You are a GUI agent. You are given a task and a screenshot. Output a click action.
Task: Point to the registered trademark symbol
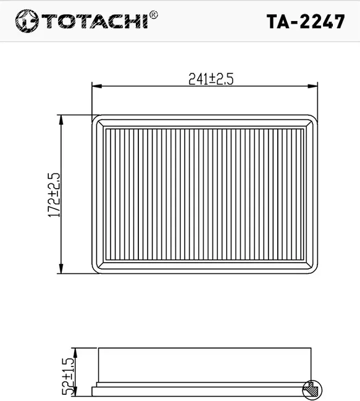click(154, 14)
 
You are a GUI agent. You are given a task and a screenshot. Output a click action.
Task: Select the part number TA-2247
click(305, 21)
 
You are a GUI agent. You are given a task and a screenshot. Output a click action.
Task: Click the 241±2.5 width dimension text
click(204, 79)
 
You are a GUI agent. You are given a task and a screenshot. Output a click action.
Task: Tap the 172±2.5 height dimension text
click(54, 194)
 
